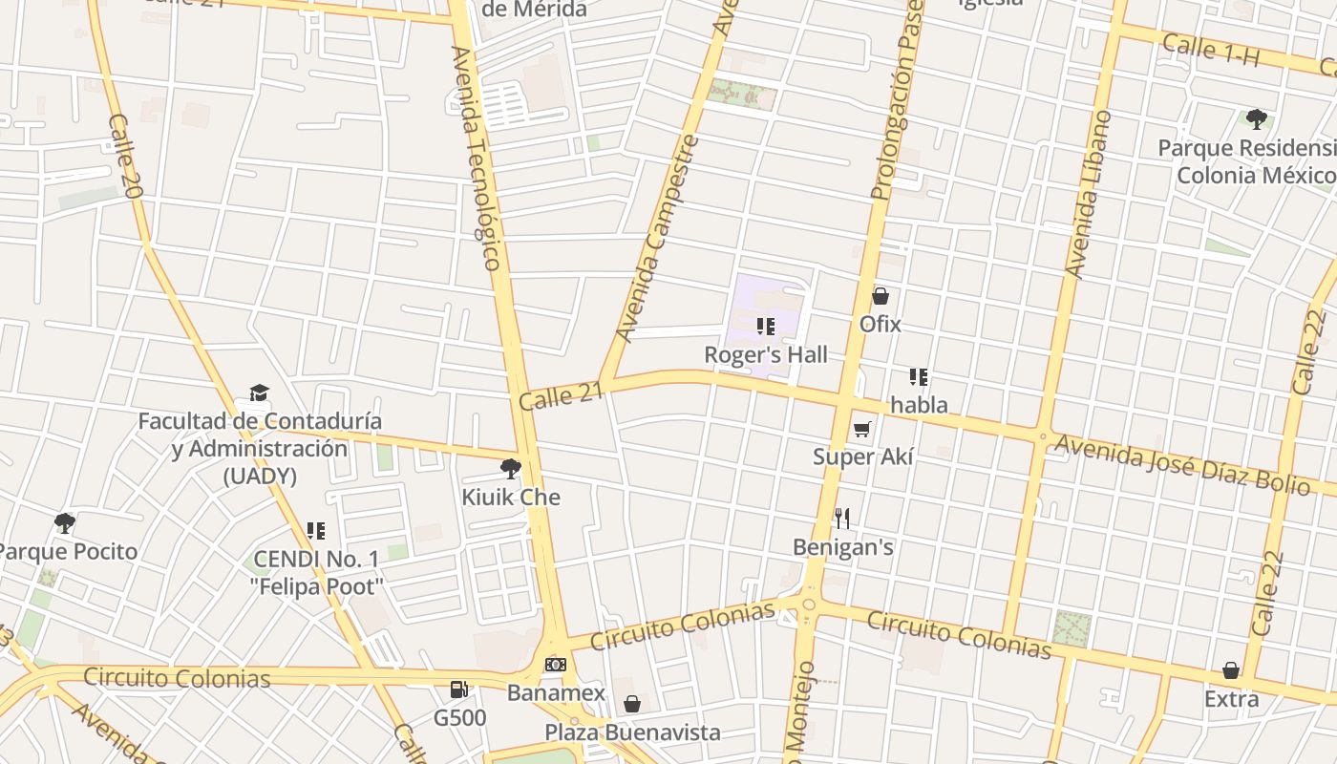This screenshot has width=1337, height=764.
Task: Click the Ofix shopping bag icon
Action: click(881, 297)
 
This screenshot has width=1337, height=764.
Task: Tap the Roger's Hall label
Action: click(766, 354)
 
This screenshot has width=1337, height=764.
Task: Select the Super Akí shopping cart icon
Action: click(862, 430)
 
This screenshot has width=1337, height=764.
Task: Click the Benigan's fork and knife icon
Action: click(842, 519)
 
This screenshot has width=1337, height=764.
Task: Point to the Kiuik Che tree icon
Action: click(511, 469)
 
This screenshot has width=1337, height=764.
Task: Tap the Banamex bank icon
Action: click(555, 665)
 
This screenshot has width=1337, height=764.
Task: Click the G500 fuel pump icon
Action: click(459, 689)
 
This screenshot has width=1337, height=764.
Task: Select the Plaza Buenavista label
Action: click(632, 732)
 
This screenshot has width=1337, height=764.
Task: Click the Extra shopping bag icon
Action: click(1231, 670)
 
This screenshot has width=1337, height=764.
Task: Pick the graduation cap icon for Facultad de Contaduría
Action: click(259, 393)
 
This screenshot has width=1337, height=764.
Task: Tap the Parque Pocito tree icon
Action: click(65, 523)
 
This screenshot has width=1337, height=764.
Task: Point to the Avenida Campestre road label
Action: click(658, 240)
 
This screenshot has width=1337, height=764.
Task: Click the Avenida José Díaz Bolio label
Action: click(1181, 464)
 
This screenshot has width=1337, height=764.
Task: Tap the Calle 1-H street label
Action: click(1211, 50)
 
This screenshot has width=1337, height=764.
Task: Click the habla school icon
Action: click(919, 377)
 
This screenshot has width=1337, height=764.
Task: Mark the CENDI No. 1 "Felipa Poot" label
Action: click(318, 571)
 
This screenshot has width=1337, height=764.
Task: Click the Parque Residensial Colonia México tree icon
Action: click(1256, 119)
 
